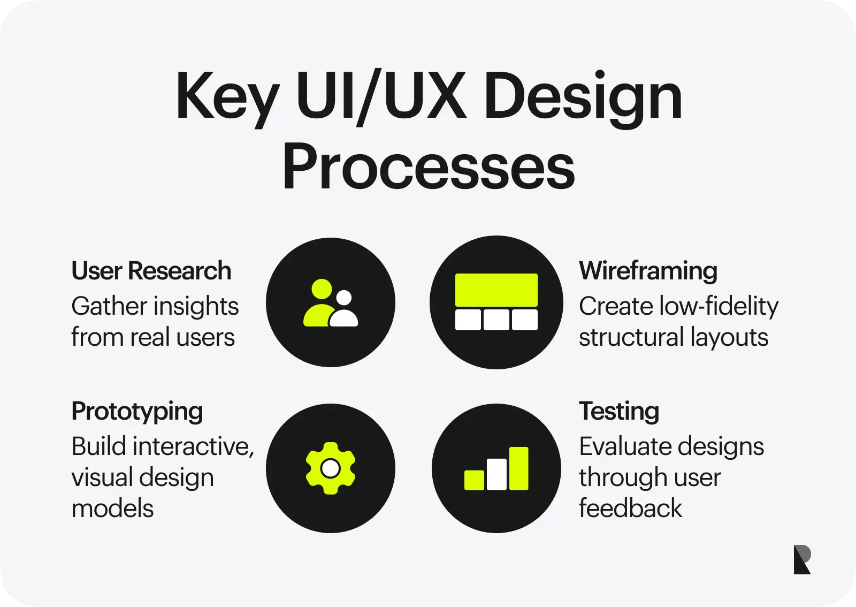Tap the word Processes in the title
point(428,167)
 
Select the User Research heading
point(151,271)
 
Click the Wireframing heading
point(648,271)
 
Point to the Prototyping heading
point(137,411)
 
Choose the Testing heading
point(619,411)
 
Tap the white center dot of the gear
point(331,468)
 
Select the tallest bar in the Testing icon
point(518,468)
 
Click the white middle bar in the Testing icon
point(496,474)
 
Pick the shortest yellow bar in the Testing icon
point(474,480)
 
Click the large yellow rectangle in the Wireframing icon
point(496,290)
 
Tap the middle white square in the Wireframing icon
point(496,320)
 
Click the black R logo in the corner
point(801,560)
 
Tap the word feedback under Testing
point(630,509)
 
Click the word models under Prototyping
point(112,509)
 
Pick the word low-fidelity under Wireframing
point(719,306)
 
